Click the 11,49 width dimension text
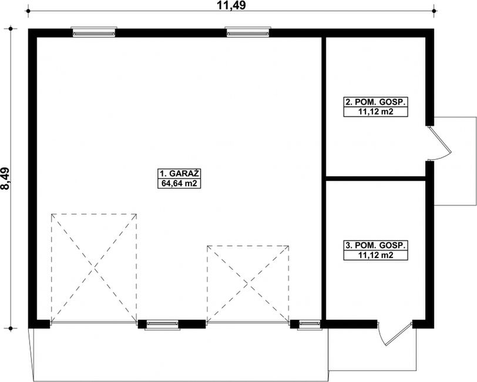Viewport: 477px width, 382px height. point(231,5)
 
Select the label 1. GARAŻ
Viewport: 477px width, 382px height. point(179,173)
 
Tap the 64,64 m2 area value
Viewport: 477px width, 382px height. point(179,183)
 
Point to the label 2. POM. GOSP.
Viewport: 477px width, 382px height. point(375,102)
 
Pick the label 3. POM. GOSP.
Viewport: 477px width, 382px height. point(375,245)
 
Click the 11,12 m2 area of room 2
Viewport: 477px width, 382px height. point(375,112)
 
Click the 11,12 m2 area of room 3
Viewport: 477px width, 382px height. point(375,255)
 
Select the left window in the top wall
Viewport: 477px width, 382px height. point(94,32)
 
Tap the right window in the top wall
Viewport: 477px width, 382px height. point(248,32)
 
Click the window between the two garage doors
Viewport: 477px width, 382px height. point(162,324)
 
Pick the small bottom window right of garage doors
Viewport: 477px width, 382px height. point(310,324)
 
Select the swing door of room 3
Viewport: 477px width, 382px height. point(395,334)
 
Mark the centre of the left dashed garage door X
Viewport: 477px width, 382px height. point(94,268)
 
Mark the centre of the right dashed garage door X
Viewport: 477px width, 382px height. point(248,284)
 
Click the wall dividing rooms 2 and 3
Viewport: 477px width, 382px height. point(375,179)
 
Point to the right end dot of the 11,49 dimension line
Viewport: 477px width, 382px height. point(434,11)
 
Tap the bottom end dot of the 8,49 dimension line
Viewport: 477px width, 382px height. point(11,329)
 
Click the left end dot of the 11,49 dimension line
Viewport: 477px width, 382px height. point(28,11)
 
